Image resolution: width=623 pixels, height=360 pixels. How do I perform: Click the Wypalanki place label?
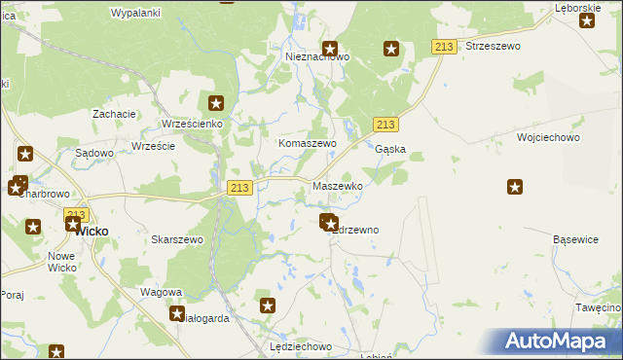135,13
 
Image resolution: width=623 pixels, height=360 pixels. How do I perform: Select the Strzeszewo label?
494,46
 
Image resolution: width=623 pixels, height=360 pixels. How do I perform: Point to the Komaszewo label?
308,143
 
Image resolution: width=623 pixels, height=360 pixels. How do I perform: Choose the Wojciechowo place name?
549,138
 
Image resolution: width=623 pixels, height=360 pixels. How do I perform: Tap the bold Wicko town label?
91,232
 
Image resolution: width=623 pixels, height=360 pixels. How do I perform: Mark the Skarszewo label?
177,239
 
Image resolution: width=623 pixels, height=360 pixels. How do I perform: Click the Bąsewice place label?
575,239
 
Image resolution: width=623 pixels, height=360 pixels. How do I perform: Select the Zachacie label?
114,114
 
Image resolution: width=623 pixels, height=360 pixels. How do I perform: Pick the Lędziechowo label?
301,346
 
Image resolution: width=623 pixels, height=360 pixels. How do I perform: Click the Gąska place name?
390,150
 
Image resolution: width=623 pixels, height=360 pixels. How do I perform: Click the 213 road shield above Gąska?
385,124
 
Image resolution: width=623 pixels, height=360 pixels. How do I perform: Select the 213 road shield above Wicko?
76,214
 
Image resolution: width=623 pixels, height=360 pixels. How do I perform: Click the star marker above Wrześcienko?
216,102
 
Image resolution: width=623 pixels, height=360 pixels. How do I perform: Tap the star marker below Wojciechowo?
515,187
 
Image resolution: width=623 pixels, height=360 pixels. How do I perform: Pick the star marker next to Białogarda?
177,313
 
